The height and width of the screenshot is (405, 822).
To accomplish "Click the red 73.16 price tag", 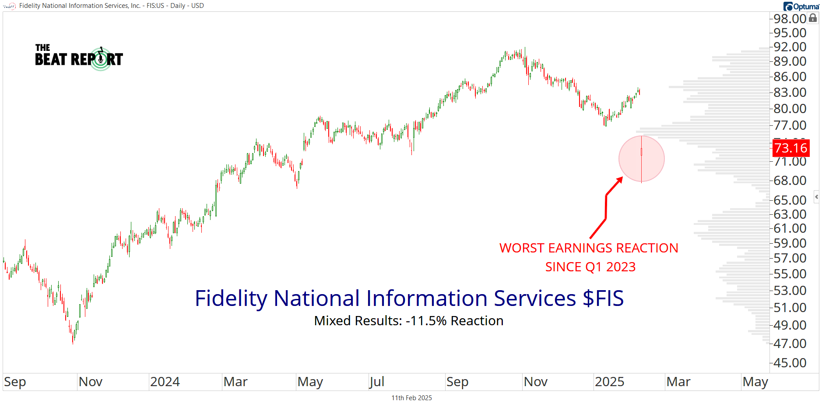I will point(790,148).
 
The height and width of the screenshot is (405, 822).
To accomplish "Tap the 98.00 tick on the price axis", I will point(790,18).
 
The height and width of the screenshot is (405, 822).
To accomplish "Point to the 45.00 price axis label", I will point(790,362).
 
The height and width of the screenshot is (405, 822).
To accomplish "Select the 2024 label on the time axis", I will point(165,382).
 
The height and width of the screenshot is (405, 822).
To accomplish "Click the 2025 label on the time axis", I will point(609,382).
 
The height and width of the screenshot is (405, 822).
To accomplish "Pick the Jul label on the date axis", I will point(377,382).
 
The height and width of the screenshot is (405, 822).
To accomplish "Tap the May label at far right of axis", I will point(755,382).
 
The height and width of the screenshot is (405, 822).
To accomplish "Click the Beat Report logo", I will point(79,57).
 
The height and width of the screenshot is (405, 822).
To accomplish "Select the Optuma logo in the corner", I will point(801,6).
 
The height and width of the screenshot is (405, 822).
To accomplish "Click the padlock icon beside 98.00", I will point(813,18).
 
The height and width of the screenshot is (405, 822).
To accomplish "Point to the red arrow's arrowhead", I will point(620,179).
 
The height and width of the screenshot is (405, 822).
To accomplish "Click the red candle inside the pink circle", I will point(642,152).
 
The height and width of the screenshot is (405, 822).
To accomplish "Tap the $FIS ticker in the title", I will point(603,298).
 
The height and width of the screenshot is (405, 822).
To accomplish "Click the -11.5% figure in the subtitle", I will point(426,321).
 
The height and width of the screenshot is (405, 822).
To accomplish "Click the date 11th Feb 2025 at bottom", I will point(411,398).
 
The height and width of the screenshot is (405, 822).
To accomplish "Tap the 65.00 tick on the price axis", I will point(790,200).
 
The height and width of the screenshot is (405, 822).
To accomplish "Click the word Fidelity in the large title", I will point(231,298).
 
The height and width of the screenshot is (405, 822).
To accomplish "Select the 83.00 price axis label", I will point(790,92).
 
